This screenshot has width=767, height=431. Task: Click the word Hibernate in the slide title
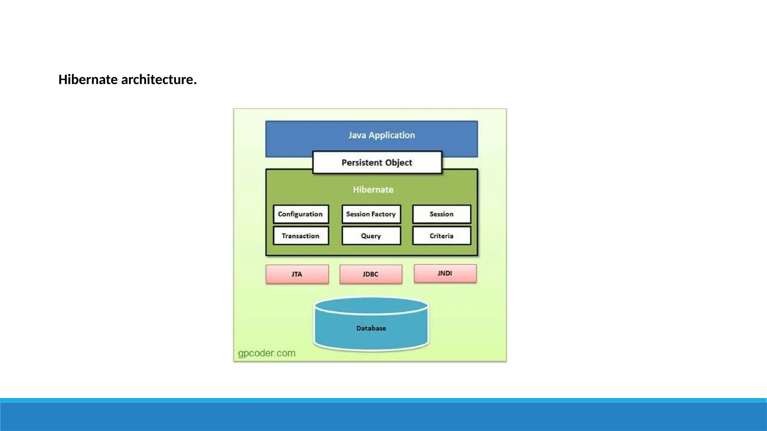coord(88,80)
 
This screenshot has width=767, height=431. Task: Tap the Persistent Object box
coord(377,163)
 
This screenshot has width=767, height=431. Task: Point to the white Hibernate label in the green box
coord(373,190)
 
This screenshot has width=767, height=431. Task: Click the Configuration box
coord(301,214)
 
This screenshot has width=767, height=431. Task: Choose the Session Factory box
coord(371,214)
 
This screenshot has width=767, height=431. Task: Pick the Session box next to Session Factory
coord(442,214)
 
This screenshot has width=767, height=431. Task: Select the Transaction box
coord(301,236)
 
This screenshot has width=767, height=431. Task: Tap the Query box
coord(371,236)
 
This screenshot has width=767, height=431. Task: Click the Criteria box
coord(442,236)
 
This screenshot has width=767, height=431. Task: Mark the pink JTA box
coord(297,274)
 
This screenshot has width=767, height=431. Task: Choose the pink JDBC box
coord(371,274)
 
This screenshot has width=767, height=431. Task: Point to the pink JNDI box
coord(445,273)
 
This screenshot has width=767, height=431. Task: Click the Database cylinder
coord(371,328)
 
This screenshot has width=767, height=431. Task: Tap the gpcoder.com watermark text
coord(267,353)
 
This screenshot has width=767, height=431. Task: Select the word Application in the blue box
coord(392,135)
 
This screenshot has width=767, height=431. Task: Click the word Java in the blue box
coord(357,135)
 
